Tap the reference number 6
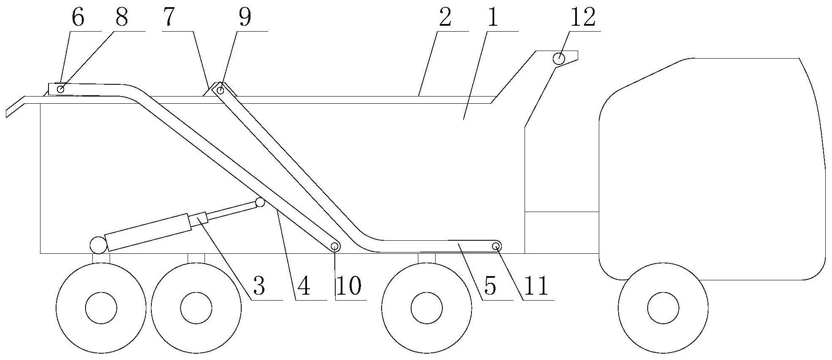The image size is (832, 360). pos(78,18)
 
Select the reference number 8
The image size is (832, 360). pos(121,18)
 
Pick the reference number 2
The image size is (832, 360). pos(445,18)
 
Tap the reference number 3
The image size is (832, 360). pos(258,286)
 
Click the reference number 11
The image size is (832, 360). pos(536,286)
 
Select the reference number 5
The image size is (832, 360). pos(490,286)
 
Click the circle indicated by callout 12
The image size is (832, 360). pos(559,59)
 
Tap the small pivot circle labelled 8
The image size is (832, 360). pos(61,89)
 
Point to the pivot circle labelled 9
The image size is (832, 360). pos(220,90)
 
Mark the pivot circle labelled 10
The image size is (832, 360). pos(335,246)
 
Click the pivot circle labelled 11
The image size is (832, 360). pos(496,246)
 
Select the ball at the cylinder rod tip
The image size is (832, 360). pos(260,202)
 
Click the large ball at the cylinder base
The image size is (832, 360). pos(98,245)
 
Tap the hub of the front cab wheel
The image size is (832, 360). pos(662,308)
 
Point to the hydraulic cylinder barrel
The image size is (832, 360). pos(148,232)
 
